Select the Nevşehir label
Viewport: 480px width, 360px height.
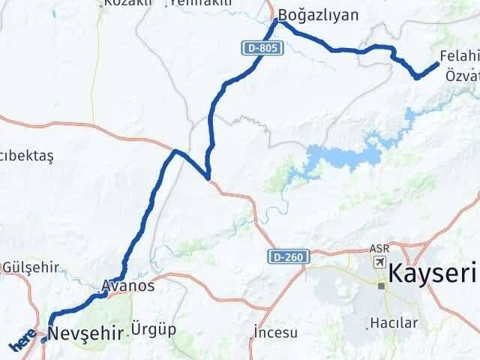click(84, 333)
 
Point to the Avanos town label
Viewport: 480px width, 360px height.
click(127, 286)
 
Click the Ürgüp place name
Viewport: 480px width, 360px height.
click(153, 329)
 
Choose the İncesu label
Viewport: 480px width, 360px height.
click(276, 332)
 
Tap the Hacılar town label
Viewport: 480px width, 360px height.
click(388, 324)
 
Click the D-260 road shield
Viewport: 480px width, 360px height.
click(286, 257)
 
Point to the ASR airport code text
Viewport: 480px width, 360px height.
click(379, 248)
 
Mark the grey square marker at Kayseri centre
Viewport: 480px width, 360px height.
click(381, 285)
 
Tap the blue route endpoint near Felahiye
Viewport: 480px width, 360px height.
click(436, 64)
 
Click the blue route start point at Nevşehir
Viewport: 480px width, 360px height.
click(45, 339)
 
